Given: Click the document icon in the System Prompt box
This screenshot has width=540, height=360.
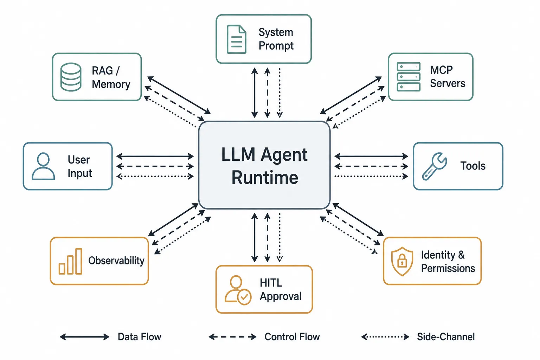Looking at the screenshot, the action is [237, 39].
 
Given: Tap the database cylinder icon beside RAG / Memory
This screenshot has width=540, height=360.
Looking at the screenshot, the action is [71, 77].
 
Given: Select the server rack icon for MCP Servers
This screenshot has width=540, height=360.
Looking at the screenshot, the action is [409, 77].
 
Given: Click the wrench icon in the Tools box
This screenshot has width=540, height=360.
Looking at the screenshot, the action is [435, 166].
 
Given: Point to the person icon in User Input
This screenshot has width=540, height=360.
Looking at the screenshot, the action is [43, 166].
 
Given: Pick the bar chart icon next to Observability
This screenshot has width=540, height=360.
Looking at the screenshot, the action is [70, 261].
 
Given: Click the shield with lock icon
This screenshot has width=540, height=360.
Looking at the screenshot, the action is [402, 261].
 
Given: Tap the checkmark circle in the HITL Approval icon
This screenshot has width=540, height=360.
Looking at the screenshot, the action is [244, 297].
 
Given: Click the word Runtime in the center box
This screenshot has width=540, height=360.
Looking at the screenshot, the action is [265, 178].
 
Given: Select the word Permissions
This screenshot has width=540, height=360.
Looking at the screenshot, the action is [448, 268].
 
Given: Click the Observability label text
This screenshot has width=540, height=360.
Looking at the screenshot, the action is [116, 261].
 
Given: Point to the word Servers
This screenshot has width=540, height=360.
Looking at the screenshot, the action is [448, 83].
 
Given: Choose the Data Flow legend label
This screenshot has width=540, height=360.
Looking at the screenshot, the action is [139, 337].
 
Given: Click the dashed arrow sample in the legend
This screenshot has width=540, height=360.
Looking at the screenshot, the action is [232, 337].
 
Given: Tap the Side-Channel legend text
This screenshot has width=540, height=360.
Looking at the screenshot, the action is [446, 337].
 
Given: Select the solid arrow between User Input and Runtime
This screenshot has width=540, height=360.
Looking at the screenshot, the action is [155, 156].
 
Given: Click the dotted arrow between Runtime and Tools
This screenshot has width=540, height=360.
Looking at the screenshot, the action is [371, 176].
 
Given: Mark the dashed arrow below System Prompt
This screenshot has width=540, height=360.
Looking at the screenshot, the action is [267, 92].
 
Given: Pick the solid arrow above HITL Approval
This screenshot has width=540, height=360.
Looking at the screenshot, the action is [255, 238].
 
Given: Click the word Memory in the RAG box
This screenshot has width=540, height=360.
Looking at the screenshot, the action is [111, 84].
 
